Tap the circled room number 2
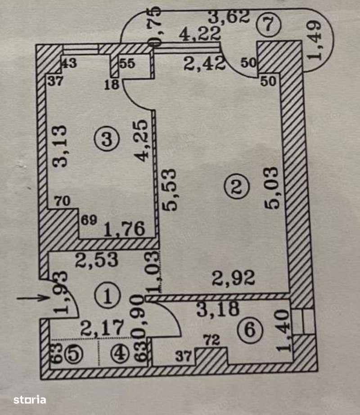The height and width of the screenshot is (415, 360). (237, 187)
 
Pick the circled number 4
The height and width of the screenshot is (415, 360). (119, 354)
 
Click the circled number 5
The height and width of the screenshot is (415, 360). (74, 354)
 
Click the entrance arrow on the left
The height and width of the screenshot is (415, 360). (31, 297)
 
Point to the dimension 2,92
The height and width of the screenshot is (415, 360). (234, 278)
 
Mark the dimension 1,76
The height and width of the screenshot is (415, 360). (124, 230)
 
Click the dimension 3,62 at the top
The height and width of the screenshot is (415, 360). (229, 18)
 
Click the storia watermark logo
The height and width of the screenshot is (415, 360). (30, 399)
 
